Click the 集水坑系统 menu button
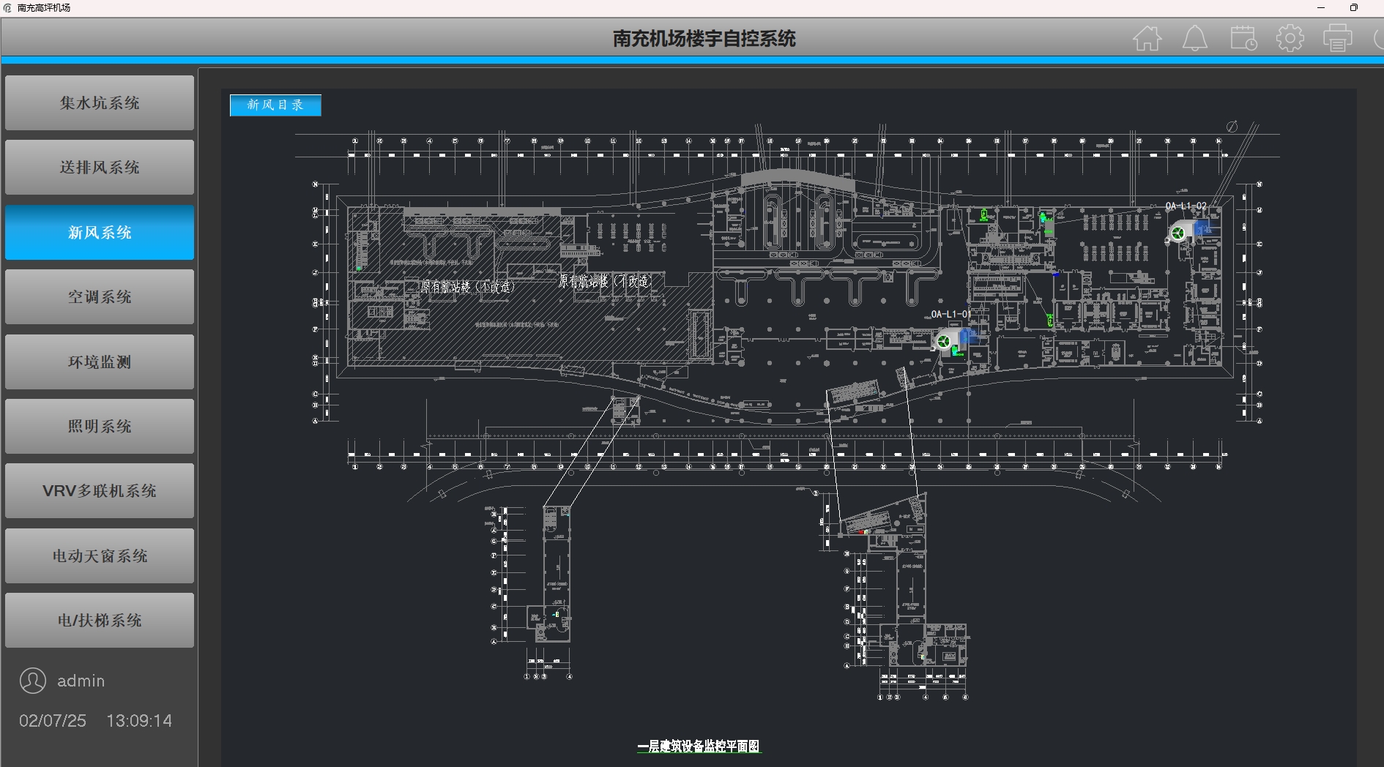tap(100, 103)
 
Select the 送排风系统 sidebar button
tap(100, 168)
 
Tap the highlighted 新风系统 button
tap(100, 233)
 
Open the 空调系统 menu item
tap(100, 297)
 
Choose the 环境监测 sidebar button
tap(100, 362)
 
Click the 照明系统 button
tap(100, 427)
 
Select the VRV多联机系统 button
tap(100, 491)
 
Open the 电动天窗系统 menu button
tap(100, 556)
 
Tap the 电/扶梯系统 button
tap(100, 621)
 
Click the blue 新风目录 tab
tap(275, 105)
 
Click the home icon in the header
tap(1147, 38)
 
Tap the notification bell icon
tap(1195, 38)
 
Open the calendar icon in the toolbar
tap(1243, 38)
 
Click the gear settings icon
tap(1290, 38)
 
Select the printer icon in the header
tap(1338, 38)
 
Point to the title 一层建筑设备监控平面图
tap(699, 747)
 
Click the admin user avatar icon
tap(33, 681)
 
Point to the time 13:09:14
tap(139, 721)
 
